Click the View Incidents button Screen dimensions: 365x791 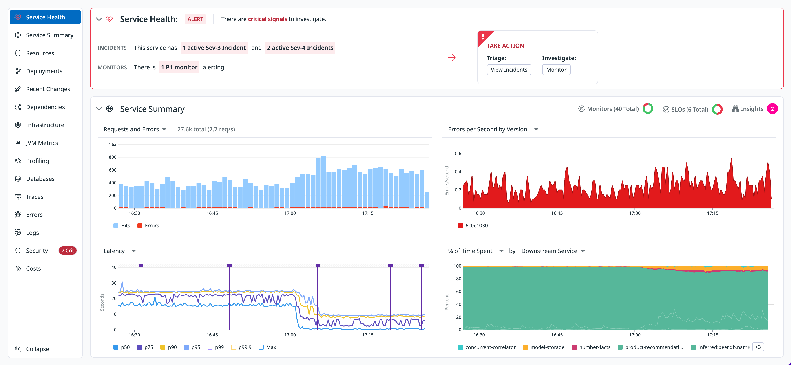coord(509,70)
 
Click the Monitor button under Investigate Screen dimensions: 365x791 coord(556,70)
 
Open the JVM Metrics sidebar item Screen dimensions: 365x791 coord(42,143)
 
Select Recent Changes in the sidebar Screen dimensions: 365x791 coord(48,89)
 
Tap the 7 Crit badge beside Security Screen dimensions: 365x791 coord(68,251)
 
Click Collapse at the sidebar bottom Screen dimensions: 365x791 coord(37,349)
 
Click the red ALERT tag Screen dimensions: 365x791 coord(195,19)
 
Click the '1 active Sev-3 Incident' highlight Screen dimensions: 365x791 coord(214,48)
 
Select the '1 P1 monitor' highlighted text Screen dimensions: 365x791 coord(179,67)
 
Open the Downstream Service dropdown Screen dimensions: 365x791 coord(553,251)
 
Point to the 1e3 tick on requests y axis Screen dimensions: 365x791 coord(113,144)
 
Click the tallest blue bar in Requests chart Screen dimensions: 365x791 coord(323,182)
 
